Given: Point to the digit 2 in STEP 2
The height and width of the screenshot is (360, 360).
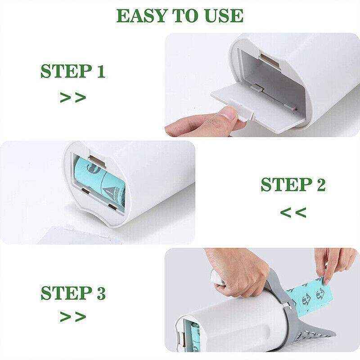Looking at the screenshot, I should point(319,185).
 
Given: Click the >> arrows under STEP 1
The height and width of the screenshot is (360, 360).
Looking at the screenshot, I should point(72,98).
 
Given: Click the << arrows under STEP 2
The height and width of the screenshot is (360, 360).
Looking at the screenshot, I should point(293,211).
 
